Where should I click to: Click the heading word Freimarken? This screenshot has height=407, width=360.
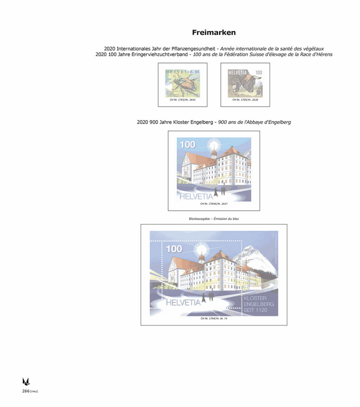213,32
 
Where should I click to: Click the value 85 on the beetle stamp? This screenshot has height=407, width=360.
197,72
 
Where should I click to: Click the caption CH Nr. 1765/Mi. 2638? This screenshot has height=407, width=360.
245,100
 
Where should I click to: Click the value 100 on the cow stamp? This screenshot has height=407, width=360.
258,73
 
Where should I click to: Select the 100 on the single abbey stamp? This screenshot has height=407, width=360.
186,145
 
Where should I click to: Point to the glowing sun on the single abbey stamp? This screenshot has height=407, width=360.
214,144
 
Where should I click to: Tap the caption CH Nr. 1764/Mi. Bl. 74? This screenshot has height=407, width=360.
214,319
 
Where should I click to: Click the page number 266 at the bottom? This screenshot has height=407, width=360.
26,391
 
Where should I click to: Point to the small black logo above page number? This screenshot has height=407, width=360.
26,381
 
